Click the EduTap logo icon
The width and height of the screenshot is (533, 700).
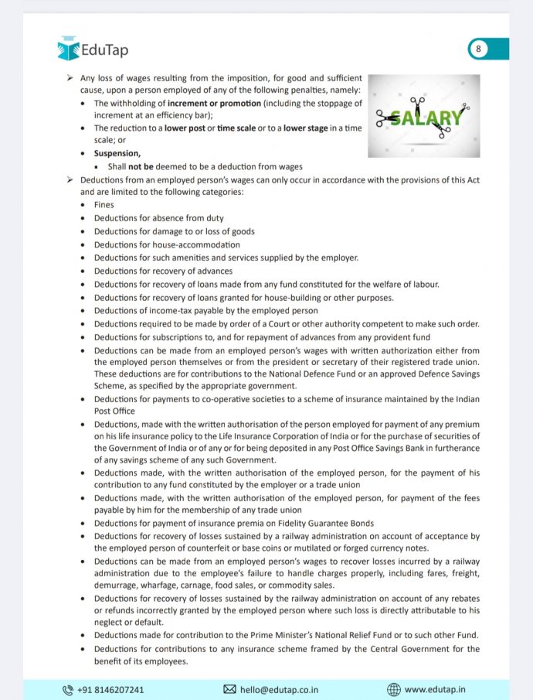[68, 50]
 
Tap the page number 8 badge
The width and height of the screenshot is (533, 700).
[479, 50]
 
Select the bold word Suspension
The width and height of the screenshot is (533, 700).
[117, 154]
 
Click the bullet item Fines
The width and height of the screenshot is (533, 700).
[104, 205]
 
